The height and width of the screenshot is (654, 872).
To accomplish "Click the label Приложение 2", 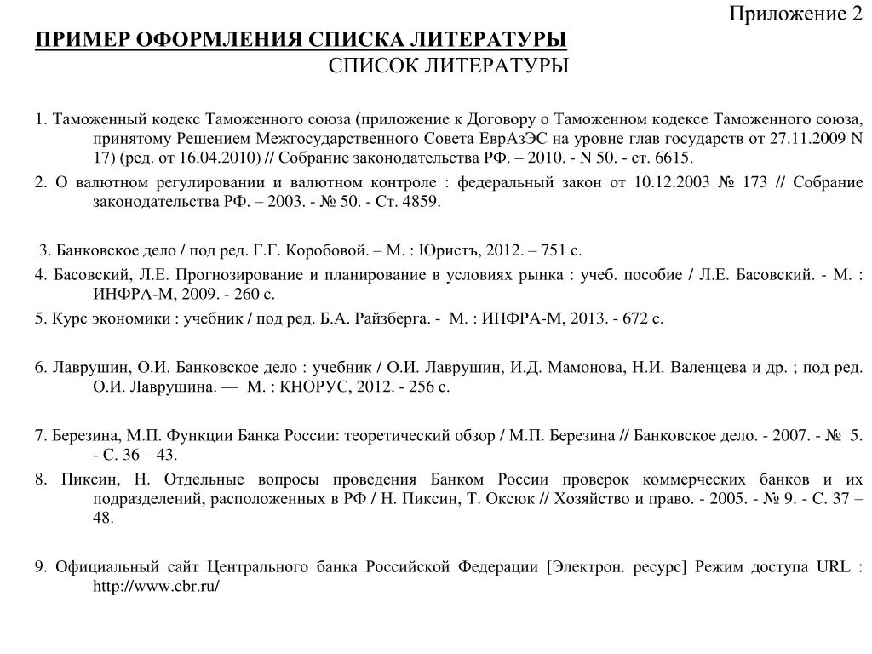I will click(795, 14).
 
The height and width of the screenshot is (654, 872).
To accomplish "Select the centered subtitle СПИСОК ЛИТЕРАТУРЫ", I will click(449, 66).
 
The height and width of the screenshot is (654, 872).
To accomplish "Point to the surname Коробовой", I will click(326, 250).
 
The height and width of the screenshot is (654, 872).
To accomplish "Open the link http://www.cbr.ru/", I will click(157, 588).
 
